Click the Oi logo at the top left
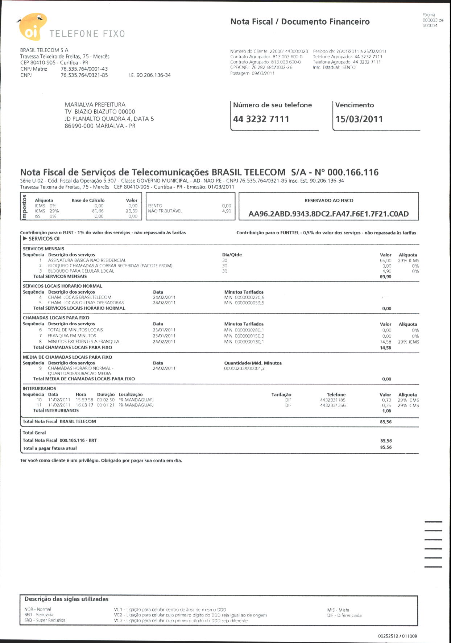(x=32, y=27)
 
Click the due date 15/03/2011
(x=359, y=119)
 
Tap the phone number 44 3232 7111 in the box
(x=261, y=119)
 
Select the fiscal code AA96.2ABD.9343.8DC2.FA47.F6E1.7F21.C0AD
(x=328, y=214)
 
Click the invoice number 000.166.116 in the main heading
(x=353, y=172)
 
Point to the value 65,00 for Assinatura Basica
(x=385, y=260)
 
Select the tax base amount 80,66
(x=98, y=211)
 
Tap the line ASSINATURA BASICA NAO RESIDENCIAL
(x=87, y=260)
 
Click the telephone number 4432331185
(x=333, y=400)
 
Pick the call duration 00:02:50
(x=105, y=400)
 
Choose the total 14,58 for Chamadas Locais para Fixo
(x=385, y=348)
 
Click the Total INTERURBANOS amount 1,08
(x=386, y=411)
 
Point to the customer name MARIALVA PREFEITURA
(x=95, y=104)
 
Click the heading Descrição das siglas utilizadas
(x=66, y=599)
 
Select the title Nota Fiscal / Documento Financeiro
(x=300, y=22)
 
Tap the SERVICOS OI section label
(x=44, y=239)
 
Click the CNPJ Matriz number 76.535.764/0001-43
(x=84, y=69)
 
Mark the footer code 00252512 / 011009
(x=397, y=636)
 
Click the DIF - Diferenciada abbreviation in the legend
(x=344, y=615)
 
